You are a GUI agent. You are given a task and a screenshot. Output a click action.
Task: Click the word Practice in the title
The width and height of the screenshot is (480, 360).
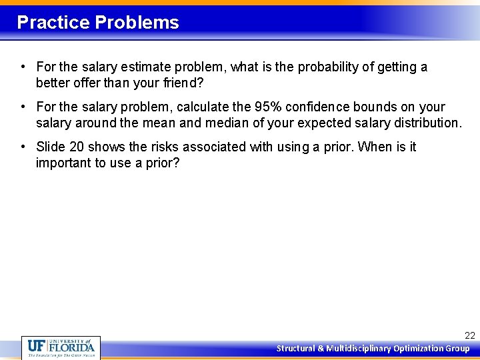coord(53,23)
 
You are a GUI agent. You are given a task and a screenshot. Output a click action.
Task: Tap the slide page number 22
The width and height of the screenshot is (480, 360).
coord(469,336)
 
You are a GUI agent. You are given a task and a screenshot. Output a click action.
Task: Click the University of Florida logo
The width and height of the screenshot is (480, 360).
coord(61,347)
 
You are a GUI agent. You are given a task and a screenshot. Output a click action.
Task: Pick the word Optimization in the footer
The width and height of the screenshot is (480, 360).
coord(418,349)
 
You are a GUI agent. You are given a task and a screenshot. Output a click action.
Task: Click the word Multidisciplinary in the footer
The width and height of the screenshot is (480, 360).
coord(359,349)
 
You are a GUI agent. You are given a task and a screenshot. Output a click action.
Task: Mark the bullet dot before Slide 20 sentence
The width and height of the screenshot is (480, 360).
coord(23,147)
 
